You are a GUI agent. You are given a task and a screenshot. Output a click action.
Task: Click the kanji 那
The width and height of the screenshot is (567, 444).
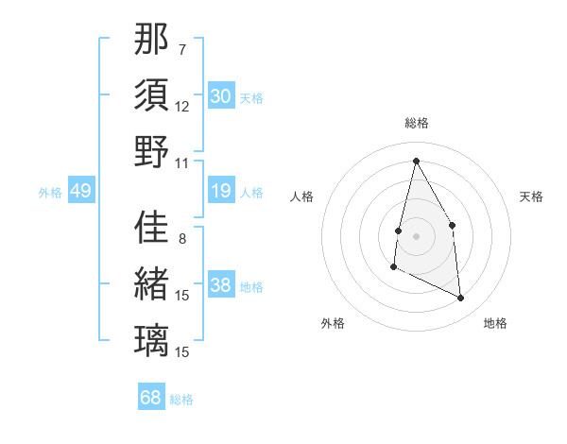[151, 40]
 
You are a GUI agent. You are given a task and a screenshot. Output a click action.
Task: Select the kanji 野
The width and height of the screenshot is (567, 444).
[151, 151]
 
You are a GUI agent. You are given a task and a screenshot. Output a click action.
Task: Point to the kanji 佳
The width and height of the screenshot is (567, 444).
[151, 227]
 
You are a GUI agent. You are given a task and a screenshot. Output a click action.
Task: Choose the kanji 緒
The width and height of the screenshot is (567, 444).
[151, 283]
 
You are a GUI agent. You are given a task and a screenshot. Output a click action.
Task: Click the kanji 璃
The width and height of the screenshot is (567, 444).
[151, 339]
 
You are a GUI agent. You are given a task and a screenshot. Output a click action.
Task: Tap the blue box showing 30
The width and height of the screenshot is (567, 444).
[221, 96]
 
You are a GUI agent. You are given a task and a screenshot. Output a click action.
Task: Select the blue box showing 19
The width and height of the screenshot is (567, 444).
[221, 192]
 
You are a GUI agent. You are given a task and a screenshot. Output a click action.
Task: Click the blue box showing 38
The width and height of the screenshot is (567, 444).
[221, 286]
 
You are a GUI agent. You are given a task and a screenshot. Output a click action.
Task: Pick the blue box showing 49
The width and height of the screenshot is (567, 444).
[80, 192]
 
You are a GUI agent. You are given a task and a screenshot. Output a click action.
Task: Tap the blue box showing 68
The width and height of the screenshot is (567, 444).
[151, 398]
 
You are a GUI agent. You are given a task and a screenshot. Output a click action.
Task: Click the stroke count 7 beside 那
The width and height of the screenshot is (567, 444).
[181, 48]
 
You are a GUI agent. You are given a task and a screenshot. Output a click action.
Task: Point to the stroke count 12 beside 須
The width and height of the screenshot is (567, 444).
[182, 106]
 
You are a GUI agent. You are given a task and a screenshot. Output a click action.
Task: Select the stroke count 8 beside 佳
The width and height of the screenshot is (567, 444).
[181, 238]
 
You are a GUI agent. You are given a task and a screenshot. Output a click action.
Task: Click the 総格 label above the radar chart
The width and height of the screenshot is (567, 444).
[417, 123]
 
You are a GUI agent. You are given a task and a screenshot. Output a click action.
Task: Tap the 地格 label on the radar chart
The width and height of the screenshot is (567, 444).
[495, 323]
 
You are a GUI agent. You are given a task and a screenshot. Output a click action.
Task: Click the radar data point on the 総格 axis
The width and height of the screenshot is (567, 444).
[416, 160]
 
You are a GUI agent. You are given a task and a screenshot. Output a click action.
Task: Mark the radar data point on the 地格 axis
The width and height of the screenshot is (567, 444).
[461, 299]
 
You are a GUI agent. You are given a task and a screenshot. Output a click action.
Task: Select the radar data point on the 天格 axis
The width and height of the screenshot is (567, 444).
[453, 225]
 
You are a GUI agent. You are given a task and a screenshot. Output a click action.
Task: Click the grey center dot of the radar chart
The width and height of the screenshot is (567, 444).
[416, 236]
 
